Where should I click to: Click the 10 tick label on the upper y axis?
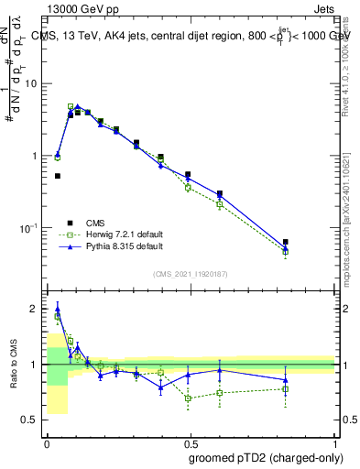[x=32, y=83]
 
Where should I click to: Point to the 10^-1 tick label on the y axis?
[x=30, y=227]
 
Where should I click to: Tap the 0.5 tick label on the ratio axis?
[x=32, y=420]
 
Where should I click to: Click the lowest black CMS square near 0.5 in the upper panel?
[x=57, y=176]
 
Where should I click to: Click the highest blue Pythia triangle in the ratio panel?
[x=57, y=309]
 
